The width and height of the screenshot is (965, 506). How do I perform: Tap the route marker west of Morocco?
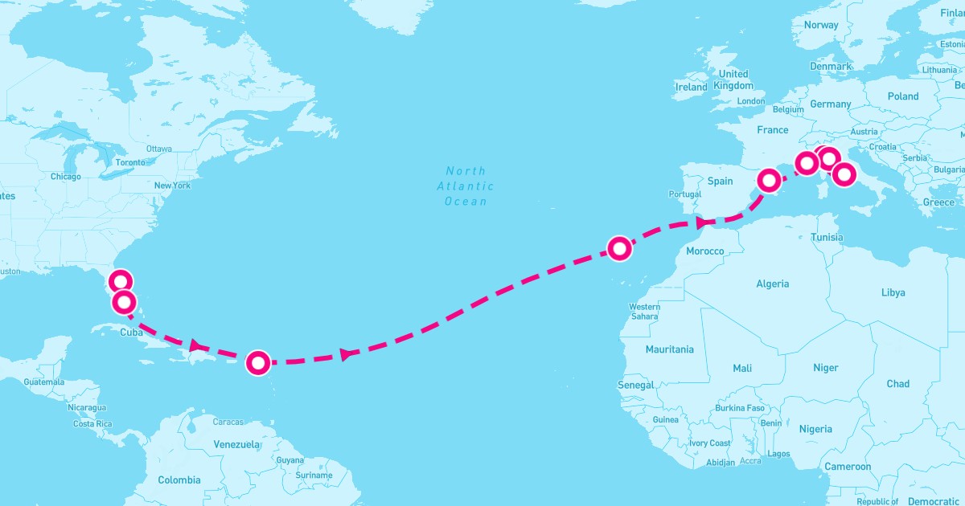(x=618, y=248)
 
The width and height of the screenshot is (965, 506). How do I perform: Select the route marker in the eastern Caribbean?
(x=257, y=363)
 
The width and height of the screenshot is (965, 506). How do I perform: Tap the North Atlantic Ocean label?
(x=466, y=186)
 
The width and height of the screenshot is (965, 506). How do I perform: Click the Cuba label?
(x=132, y=333)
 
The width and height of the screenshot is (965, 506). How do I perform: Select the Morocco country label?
(x=704, y=251)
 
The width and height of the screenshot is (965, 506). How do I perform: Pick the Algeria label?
(x=773, y=284)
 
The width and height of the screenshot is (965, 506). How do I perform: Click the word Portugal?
(x=685, y=194)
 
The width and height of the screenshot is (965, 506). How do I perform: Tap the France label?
(x=773, y=129)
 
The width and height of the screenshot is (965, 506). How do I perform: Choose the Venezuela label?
(x=236, y=444)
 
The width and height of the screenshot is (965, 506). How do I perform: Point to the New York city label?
(x=172, y=186)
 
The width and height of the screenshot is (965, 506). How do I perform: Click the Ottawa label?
(x=159, y=149)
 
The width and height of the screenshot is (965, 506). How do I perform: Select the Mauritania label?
(x=669, y=349)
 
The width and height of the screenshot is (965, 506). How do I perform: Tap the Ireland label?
(x=692, y=87)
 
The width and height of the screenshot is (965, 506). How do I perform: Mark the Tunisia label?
(x=827, y=237)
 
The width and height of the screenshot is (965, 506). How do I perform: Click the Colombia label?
(x=179, y=480)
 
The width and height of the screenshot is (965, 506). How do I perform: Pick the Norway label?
(x=821, y=25)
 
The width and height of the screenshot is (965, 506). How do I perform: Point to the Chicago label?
(x=65, y=177)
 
